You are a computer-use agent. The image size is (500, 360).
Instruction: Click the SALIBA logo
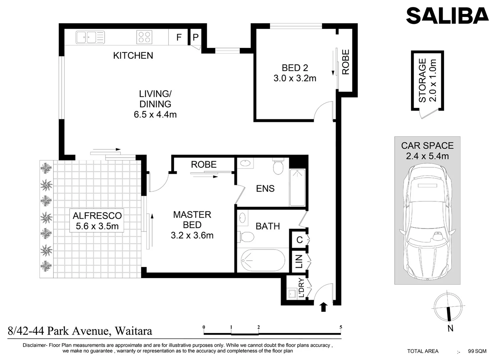[447, 16]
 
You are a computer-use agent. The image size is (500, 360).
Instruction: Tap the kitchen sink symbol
[90, 37]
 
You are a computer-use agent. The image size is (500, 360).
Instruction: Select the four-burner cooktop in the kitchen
[144, 37]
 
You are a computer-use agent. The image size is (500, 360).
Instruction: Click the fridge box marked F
[179, 37]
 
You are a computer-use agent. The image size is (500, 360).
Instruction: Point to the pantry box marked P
[195, 37]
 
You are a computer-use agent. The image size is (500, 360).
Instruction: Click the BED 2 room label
[295, 73]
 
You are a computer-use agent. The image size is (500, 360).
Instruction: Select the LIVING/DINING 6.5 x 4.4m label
[155, 104]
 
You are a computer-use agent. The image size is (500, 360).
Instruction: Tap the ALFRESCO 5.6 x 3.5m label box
[97, 221]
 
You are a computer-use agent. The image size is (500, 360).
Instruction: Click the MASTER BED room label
[192, 225]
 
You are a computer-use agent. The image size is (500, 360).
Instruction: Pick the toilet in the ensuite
[278, 166]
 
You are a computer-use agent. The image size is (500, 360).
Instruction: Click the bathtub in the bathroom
[263, 260]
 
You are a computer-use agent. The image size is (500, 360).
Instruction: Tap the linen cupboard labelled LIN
[299, 261]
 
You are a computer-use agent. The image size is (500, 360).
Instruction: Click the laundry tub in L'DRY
[292, 294]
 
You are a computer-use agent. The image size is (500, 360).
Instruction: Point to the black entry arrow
[323, 307]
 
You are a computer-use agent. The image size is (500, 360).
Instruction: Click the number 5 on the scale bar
[341, 327]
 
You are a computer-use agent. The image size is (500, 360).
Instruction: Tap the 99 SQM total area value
[477, 351]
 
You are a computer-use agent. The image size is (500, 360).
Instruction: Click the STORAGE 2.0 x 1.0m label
[427, 80]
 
